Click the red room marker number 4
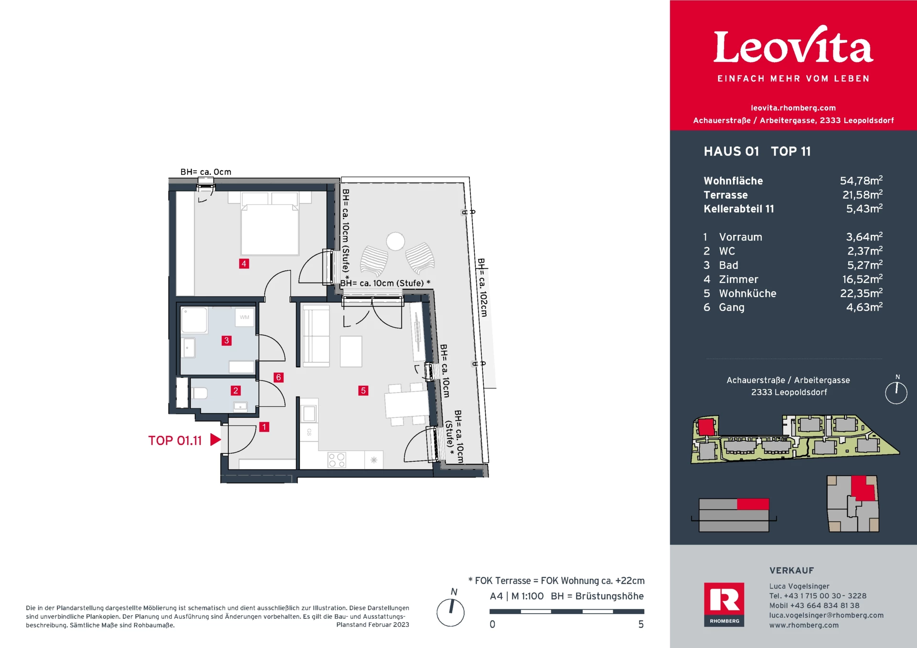pos(244,264)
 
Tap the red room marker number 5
pos(363,391)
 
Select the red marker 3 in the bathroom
pos(226,340)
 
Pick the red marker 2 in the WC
pos(235,391)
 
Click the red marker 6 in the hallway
pos(278,377)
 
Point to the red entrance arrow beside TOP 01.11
pos(215,440)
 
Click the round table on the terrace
pos(395,241)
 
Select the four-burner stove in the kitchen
pos(337,460)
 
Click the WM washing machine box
pos(245,317)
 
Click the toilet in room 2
pos(200,393)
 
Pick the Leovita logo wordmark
pos(793,46)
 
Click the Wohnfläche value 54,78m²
pos(861,181)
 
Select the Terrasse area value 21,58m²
pos(862,195)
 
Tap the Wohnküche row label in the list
pos(747,293)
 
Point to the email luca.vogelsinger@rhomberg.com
pos(826,615)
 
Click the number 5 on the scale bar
pos(641,624)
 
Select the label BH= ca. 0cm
pos(206,172)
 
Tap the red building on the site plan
pos(706,426)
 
